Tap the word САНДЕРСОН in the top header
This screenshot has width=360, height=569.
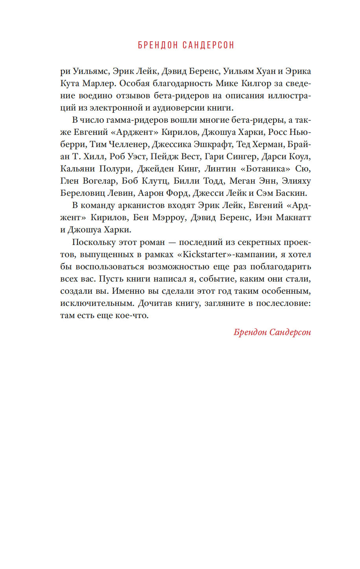coord(208,45)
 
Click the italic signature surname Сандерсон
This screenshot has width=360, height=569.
coord(290,332)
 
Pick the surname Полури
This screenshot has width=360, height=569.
coord(116,169)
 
